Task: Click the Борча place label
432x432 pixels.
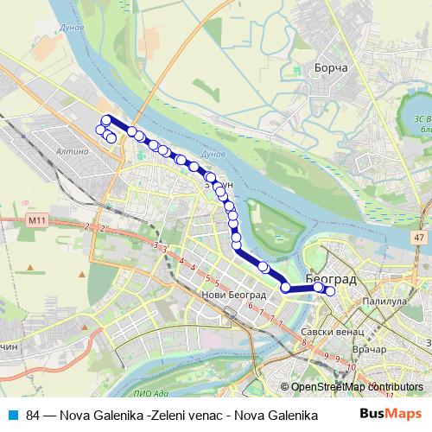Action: click(x=332, y=67)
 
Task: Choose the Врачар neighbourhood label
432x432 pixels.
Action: click(x=371, y=351)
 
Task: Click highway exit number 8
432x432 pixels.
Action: click(x=303, y=344)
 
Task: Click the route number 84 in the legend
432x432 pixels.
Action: click(x=34, y=415)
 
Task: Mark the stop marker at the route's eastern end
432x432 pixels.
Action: click(x=329, y=290)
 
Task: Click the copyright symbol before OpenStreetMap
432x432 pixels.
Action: click(x=284, y=387)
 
